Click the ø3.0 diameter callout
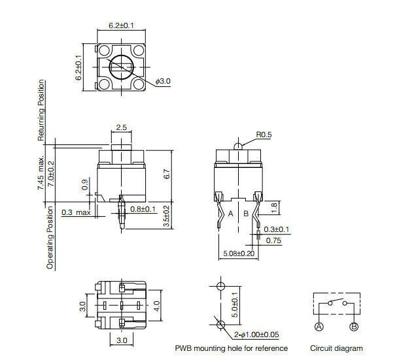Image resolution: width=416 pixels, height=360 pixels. click(x=163, y=81)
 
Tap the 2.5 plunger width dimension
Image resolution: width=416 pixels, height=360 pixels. click(x=121, y=127)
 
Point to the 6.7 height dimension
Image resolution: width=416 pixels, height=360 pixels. click(x=167, y=175)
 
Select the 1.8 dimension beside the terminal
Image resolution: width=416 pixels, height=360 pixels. click(x=274, y=207)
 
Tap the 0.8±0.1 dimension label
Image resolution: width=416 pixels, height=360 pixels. click(x=142, y=209)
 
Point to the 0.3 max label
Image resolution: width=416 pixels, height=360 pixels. click(x=77, y=213)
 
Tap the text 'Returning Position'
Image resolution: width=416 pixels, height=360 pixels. click(x=42, y=110)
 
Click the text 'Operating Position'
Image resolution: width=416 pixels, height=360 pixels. click(x=50, y=237)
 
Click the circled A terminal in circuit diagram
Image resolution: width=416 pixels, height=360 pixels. click(x=319, y=326)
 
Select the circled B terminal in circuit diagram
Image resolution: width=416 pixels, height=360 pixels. click(x=354, y=326)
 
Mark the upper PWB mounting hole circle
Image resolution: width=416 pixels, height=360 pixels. click(x=220, y=287)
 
